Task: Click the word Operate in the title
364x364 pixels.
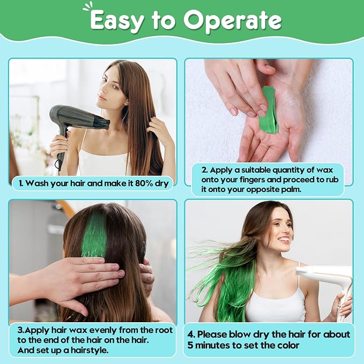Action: [233, 21]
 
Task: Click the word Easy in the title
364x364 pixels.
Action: [116, 21]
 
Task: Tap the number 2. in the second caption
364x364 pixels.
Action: [204, 170]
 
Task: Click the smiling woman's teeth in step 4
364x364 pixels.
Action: [285, 239]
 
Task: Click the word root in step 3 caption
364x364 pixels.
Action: [164, 330]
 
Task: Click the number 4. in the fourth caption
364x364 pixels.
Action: [191, 335]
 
